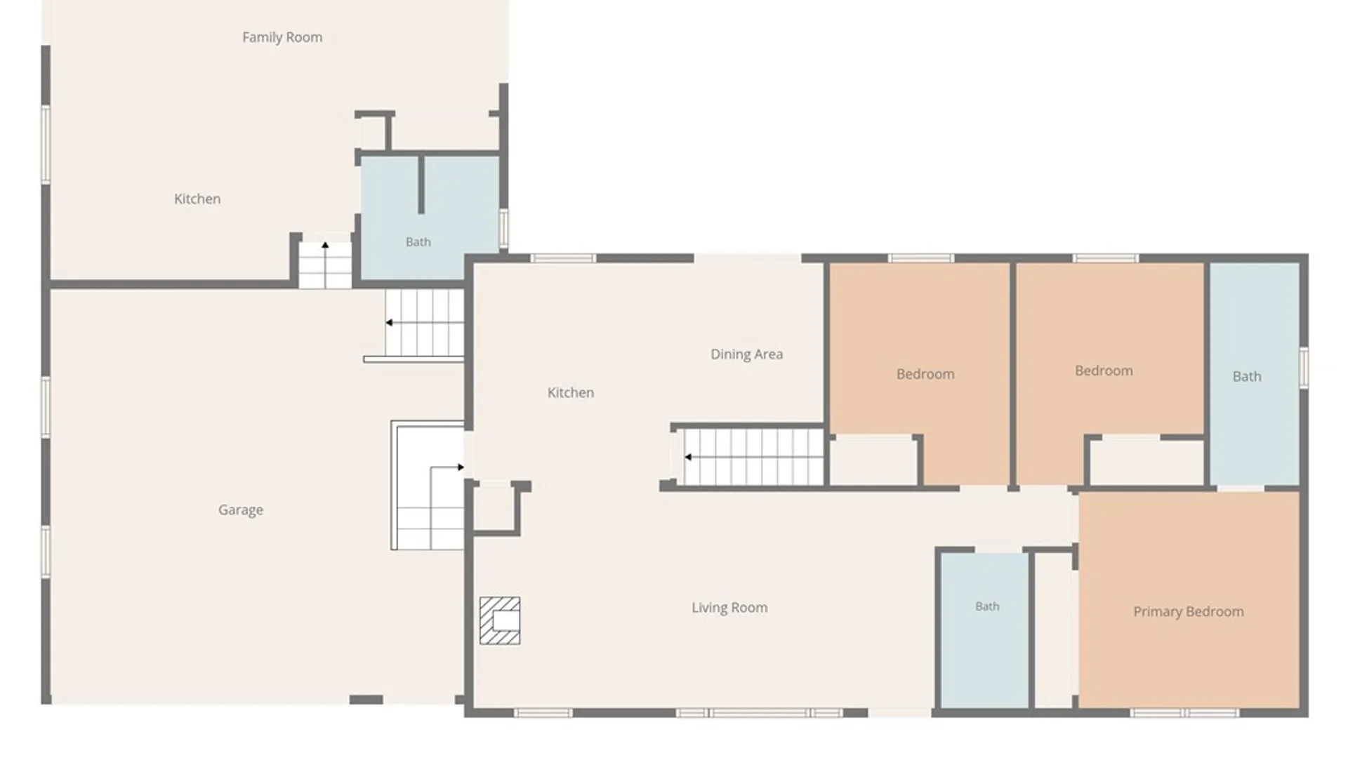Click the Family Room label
282,38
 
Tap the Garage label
241,510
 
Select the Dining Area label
746,354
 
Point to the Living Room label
729,608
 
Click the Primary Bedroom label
1188,612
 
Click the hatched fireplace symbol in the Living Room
500,620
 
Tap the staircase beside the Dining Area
753,457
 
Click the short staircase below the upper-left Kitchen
325,265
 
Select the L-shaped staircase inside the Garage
428,485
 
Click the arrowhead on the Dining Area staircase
688,457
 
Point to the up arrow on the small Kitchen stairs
325,245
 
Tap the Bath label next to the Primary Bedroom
987,606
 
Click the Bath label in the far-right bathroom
1247,377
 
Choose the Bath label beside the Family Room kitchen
418,242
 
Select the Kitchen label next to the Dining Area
571,393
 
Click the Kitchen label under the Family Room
197,199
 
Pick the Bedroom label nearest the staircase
925,375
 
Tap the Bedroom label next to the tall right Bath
1104,371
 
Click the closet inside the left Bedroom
873,461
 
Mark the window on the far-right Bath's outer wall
1304,367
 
